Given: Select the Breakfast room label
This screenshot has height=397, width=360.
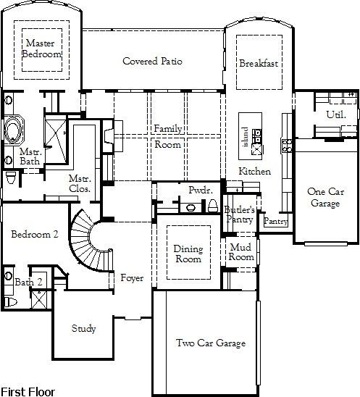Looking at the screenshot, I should tap(259, 63).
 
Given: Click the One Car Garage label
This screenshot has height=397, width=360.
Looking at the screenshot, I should tap(325, 198).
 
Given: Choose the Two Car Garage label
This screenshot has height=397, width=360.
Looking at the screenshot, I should tap(211, 343).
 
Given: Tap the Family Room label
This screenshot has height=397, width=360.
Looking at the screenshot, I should tap(168, 136).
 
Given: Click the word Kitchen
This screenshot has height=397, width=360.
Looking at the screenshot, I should tap(255, 172).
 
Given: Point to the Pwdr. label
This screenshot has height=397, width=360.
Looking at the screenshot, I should tap(198, 189).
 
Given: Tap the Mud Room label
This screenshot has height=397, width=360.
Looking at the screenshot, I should tap(241, 252).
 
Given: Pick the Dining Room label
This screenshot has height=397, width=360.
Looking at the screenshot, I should tap(188, 254).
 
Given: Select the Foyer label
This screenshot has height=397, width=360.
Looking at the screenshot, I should tap(132, 278).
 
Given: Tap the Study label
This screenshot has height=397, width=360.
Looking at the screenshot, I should tap(83, 329).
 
